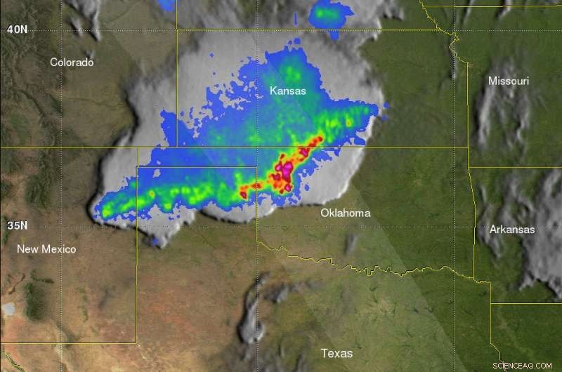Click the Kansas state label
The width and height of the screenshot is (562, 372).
tap(288, 91)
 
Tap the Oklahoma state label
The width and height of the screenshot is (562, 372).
tap(345, 213)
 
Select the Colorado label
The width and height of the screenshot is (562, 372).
tap(72, 62)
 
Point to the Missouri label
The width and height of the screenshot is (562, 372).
tap(509, 81)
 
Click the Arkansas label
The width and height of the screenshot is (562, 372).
tap(512, 230)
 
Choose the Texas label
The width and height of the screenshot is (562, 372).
tap(337, 353)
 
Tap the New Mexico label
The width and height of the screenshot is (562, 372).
tap(46, 249)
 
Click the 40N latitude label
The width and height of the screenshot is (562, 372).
tap(17, 29)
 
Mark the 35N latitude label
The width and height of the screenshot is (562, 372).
tap(17, 226)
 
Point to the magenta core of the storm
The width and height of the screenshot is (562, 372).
tap(286, 168)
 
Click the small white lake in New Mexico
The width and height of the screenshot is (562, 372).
tap(8, 309)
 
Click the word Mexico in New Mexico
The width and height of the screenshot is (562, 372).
tap(59, 249)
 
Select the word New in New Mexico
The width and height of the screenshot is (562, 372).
tap(27, 249)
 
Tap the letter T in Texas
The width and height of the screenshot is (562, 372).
tap(325, 353)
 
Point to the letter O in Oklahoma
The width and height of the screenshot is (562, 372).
tap(325, 213)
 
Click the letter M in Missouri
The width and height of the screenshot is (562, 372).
tap(493, 81)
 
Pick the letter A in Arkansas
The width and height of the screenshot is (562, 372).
tap(494, 230)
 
